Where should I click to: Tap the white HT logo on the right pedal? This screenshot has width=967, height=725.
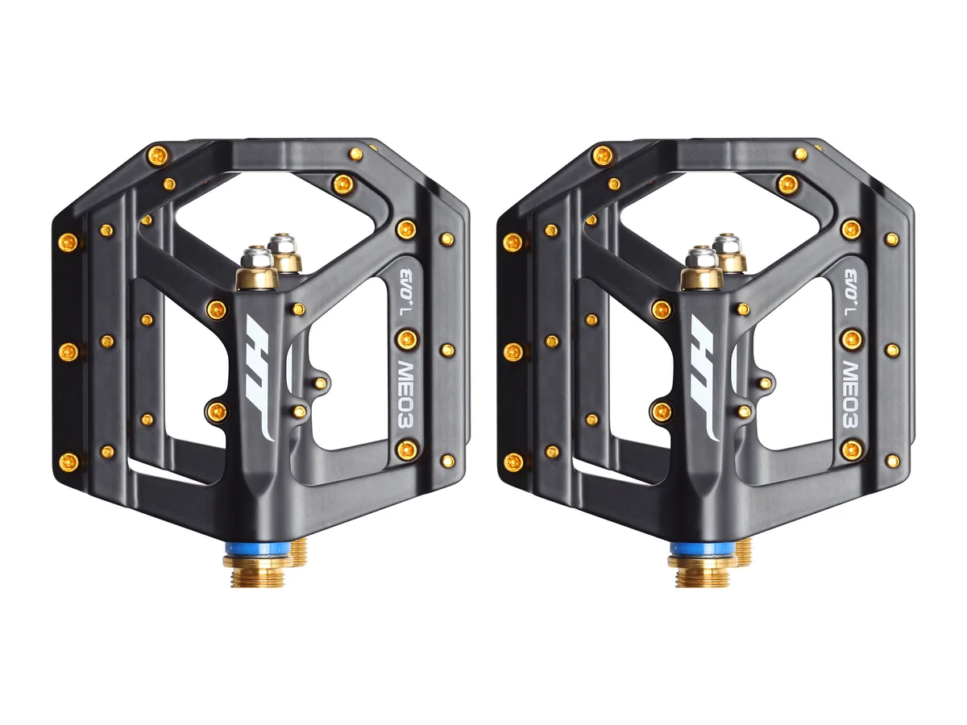pyautogui.click(x=705, y=377)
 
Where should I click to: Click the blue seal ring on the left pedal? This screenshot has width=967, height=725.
pyautogui.click(x=257, y=550)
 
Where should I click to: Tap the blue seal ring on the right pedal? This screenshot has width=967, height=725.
pyautogui.click(x=702, y=550)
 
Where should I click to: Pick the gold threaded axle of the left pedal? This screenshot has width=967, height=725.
pyautogui.click(x=258, y=571)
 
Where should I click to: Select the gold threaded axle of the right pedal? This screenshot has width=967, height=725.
pyautogui.click(x=703, y=571)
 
